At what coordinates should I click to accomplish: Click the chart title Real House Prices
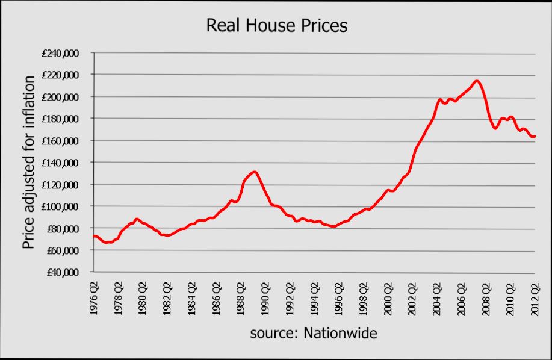(277, 26)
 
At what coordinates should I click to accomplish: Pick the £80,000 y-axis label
(63, 229)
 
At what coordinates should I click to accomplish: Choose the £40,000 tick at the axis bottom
(63, 272)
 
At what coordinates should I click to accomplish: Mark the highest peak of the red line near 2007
(476, 81)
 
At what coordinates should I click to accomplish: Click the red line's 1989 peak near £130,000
(255, 172)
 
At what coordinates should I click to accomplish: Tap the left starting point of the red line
(93, 236)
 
